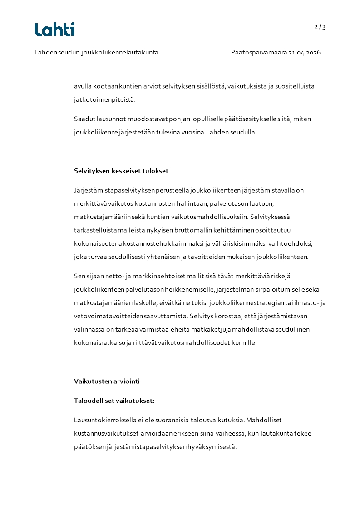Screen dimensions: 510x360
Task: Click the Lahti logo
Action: (x=54, y=30)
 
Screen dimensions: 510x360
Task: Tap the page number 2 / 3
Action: (x=320, y=26)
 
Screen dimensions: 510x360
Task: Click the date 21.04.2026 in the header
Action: (x=305, y=53)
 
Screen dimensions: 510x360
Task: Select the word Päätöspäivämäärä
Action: (x=258, y=53)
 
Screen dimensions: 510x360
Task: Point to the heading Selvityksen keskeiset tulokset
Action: (x=121, y=171)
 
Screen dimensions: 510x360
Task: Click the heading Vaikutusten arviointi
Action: (x=104, y=381)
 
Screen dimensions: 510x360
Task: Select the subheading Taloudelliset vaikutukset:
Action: (x=114, y=401)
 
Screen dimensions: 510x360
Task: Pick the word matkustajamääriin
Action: (x=103, y=217)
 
